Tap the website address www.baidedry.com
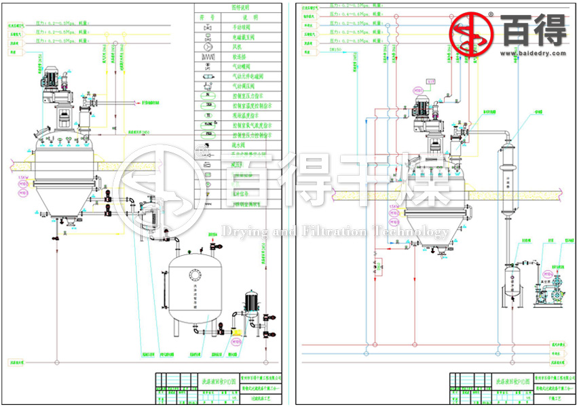pos(534,52)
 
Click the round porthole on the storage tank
pos(196,275)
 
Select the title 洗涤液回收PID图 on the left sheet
pos(211,382)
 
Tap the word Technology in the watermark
pos(415,233)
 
